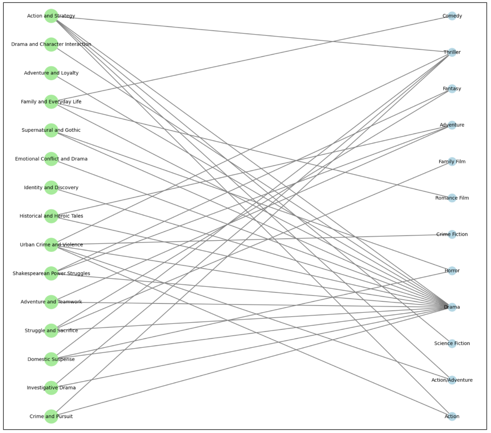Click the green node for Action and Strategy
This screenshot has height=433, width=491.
(x=51, y=16)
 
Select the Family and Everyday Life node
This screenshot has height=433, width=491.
(x=51, y=102)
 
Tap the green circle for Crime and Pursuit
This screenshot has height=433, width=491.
(x=51, y=416)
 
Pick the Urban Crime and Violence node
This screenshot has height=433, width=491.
(x=51, y=245)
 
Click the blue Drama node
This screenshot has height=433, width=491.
(x=452, y=307)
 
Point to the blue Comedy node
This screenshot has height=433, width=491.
(x=452, y=16)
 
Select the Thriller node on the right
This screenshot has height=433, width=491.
(x=452, y=52)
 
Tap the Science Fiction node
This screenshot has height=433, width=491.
(x=452, y=344)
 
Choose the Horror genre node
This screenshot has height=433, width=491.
(x=452, y=271)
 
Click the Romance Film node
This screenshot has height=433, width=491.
(x=452, y=198)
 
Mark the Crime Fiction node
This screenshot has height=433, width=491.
(x=452, y=234)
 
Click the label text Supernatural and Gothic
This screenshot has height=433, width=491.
(x=51, y=130)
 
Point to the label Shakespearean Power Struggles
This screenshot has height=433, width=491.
(x=51, y=274)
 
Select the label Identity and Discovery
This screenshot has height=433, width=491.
(x=51, y=188)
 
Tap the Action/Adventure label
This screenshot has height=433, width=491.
(x=452, y=380)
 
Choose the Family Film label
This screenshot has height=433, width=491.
(x=452, y=162)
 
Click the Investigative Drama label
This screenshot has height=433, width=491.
(x=51, y=388)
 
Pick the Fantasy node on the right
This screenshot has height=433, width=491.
(x=452, y=89)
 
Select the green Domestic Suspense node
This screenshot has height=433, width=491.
(x=51, y=359)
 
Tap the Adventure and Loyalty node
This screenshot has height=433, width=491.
(x=51, y=73)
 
